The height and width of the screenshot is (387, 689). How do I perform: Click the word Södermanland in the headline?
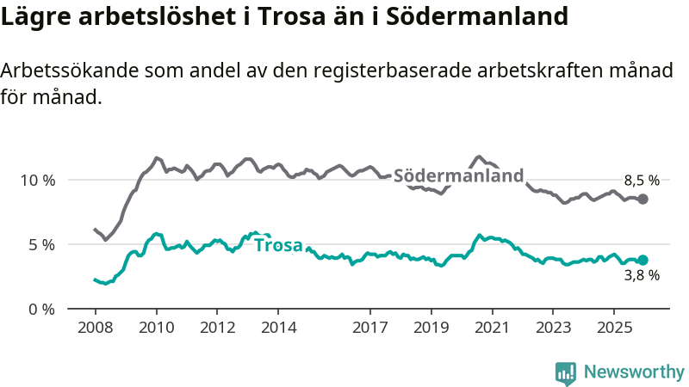(x=482, y=15)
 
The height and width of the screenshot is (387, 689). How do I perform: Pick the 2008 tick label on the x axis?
(x=95, y=328)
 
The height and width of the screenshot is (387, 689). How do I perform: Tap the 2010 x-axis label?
(x=156, y=328)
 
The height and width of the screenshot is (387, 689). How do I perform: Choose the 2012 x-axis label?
(x=217, y=328)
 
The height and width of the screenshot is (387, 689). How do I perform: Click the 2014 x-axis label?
(x=278, y=328)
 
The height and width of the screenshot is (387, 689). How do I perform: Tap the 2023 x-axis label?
(x=553, y=328)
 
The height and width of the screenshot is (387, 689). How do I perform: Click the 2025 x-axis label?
(x=613, y=328)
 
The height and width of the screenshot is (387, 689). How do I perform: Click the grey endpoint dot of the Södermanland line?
(x=642, y=200)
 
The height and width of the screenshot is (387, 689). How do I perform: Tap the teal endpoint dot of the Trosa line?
(x=642, y=260)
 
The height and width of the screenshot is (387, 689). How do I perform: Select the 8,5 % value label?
(x=642, y=181)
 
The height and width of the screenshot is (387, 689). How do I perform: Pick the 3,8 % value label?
(x=642, y=276)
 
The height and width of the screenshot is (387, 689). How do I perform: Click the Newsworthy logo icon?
(x=565, y=372)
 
